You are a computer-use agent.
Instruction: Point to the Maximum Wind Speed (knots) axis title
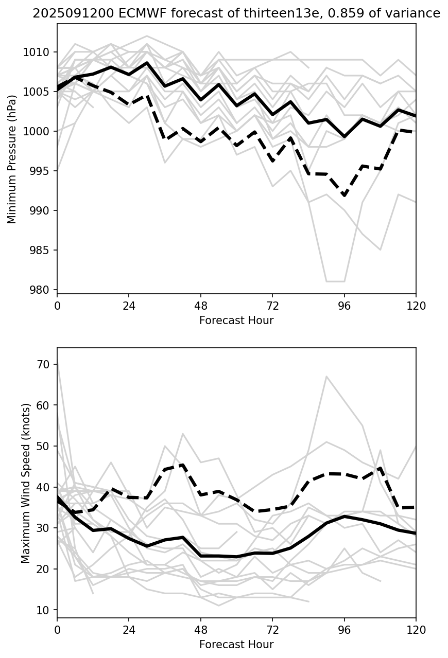pyautogui.click(x=26, y=483)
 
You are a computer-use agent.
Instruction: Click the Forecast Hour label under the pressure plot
pyautogui.click(x=236, y=321)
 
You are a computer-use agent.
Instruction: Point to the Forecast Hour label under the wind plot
pyautogui.click(x=236, y=645)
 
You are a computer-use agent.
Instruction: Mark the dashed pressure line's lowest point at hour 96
pyautogui.click(x=344, y=196)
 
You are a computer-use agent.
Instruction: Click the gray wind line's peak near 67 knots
pyautogui.click(x=326, y=377)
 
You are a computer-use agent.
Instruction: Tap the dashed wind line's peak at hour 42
pyautogui.click(x=183, y=465)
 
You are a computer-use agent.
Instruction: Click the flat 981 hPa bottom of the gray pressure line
pyautogui.click(x=335, y=281)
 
